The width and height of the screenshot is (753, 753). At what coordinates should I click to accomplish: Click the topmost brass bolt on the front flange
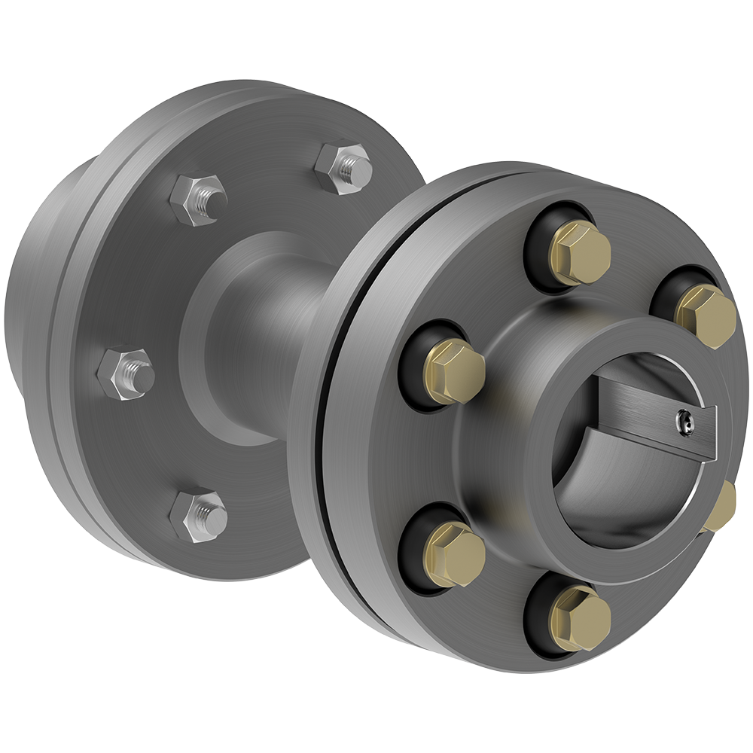[x=580, y=253]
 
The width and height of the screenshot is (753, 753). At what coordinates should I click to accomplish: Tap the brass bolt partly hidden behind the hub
[x=721, y=508]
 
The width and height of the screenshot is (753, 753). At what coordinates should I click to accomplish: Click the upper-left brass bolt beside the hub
[x=453, y=371]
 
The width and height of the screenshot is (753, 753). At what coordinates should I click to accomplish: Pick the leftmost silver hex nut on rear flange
[x=126, y=372]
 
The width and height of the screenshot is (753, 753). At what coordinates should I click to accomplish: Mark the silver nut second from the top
[x=198, y=199]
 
